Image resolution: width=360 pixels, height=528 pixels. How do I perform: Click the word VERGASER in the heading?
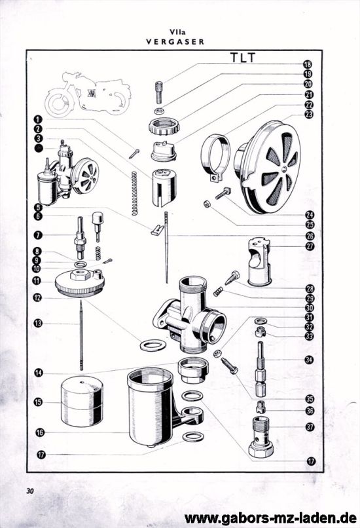[x=175, y=42]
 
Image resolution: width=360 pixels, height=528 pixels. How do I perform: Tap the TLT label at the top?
[x=243, y=58]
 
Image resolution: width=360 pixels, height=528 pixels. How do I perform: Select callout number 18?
[x=307, y=64]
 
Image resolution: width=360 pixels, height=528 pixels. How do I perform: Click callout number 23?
[x=308, y=115]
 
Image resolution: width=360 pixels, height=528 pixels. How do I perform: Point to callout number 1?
[x=38, y=119]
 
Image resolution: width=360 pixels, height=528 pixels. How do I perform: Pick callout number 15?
[x=39, y=402]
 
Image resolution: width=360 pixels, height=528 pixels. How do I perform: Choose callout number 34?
[x=309, y=360]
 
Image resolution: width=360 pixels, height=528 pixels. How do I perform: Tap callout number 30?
[x=309, y=307]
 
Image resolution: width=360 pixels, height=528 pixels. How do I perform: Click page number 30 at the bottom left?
[x=30, y=491]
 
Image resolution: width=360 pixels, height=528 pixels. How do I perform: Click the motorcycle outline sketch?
[x=88, y=94]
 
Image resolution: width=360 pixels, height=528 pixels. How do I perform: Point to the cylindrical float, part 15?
[x=82, y=402]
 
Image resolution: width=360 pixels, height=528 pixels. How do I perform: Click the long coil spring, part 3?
[x=134, y=193]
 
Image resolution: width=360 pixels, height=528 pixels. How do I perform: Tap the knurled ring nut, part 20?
[x=164, y=126]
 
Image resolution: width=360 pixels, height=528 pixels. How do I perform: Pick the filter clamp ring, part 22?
[x=215, y=157]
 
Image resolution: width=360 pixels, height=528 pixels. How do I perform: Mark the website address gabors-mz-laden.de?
[x=270, y=518]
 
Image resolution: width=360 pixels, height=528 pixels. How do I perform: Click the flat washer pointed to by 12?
[x=153, y=345]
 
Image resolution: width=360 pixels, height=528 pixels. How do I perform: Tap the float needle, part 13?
[x=81, y=335]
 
